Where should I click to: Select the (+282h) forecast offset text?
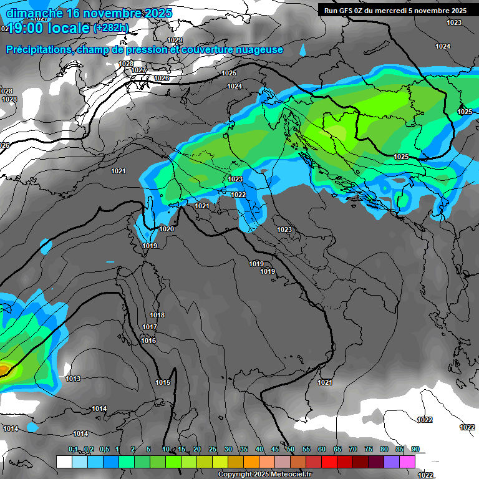[110, 27]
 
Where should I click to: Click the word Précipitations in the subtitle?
[36, 49]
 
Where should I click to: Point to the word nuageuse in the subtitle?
[262, 49]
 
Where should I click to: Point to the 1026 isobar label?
[162, 78]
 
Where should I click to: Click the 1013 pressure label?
[73, 379]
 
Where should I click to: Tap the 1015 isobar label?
[163, 382]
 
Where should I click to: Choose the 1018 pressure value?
[157, 315]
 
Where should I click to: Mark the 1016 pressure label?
[148, 341]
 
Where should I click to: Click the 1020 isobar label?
[167, 229]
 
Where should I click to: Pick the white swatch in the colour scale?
[64, 462]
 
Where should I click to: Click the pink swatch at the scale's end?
[407, 462]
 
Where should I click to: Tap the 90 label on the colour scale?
[415, 449]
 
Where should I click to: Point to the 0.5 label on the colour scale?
[104, 449]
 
